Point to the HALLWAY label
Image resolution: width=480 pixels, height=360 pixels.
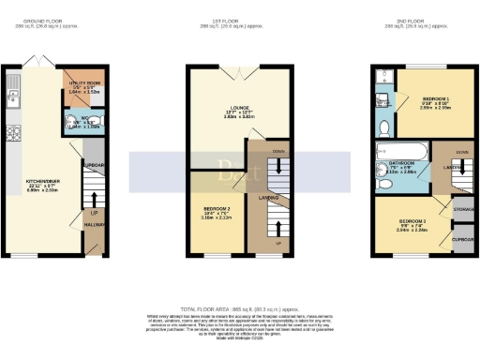[93, 226]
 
